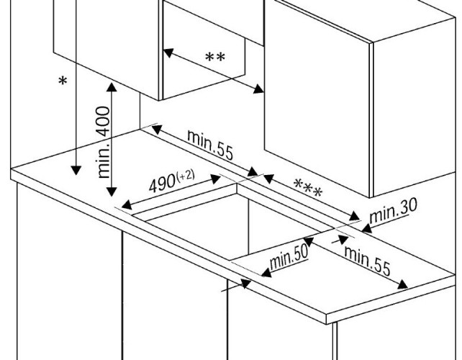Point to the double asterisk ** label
click(214, 58)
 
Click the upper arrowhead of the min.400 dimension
click(111, 86)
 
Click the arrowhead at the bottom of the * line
click(74, 171)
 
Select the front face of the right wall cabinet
click(317, 101)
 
